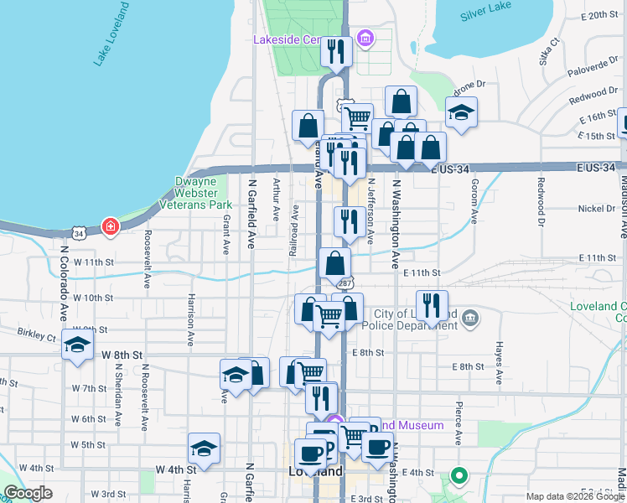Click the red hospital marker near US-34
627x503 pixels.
pyautogui.click(x=109, y=226)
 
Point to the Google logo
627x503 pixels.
pyautogui.click(x=28, y=493)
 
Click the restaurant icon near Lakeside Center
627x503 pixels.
pyautogui.click(x=336, y=52)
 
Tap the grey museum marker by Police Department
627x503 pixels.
pyautogui.click(x=470, y=318)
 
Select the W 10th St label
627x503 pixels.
pyautogui.click(x=92, y=298)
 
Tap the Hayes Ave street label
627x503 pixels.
pyautogui.click(x=499, y=361)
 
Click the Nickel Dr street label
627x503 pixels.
pyautogui.click(x=596, y=208)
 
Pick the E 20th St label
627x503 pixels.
pyautogui.click(x=598, y=15)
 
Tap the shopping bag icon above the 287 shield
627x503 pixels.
pyautogui.click(x=334, y=263)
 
